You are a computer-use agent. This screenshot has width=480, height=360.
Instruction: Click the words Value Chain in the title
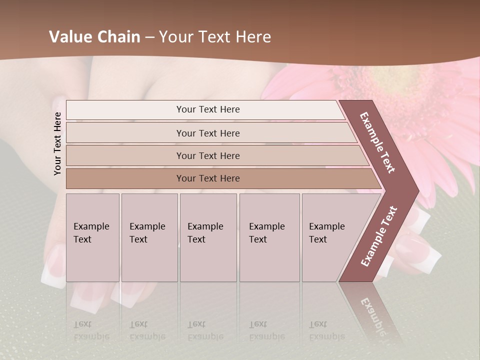94,37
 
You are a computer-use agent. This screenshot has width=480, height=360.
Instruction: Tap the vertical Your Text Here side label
57,143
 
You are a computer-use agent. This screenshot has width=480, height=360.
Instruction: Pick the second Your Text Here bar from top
208,133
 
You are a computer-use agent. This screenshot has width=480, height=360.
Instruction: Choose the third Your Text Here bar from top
208,155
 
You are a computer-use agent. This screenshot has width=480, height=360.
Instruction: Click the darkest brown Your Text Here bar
208,178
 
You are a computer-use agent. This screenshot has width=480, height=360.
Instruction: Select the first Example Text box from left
92,237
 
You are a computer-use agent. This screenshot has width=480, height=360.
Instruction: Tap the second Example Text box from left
149,237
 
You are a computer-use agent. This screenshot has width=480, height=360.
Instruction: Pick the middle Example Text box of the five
208,237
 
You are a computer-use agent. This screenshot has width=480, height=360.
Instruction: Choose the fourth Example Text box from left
269,237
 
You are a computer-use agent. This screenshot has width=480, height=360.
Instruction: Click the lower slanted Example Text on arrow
378,236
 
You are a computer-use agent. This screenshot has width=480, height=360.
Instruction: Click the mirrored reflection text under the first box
91,330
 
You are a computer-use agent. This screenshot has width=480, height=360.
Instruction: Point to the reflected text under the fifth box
326,330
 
